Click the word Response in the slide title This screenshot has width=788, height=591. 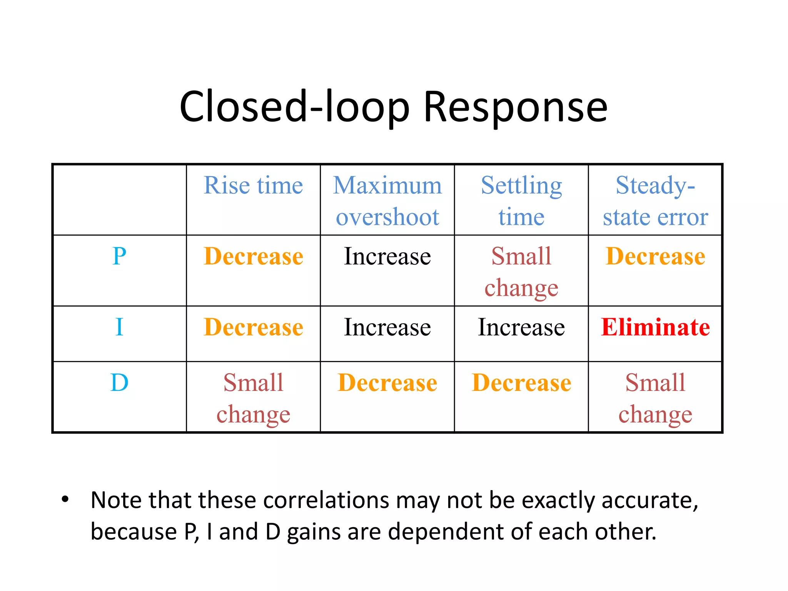[515, 107]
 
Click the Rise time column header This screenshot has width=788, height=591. [253, 185]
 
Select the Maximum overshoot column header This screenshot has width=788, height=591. [387, 201]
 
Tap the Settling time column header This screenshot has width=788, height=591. [521, 201]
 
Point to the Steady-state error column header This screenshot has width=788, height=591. [655, 201]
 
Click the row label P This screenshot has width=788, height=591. [119, 256]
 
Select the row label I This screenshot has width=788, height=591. [119, 327]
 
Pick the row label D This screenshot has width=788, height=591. [119, 383]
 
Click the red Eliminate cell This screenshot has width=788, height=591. [655, 327]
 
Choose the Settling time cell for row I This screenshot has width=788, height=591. [521, 327]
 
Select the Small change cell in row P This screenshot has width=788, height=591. [521, 272]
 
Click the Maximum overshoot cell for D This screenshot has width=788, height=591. [387, 383]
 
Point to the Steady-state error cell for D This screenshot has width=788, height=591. [655, 398]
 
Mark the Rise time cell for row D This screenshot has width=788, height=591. [253, 398]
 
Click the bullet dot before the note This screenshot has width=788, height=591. [65, 499]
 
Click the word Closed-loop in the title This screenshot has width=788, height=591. [294, 107]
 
